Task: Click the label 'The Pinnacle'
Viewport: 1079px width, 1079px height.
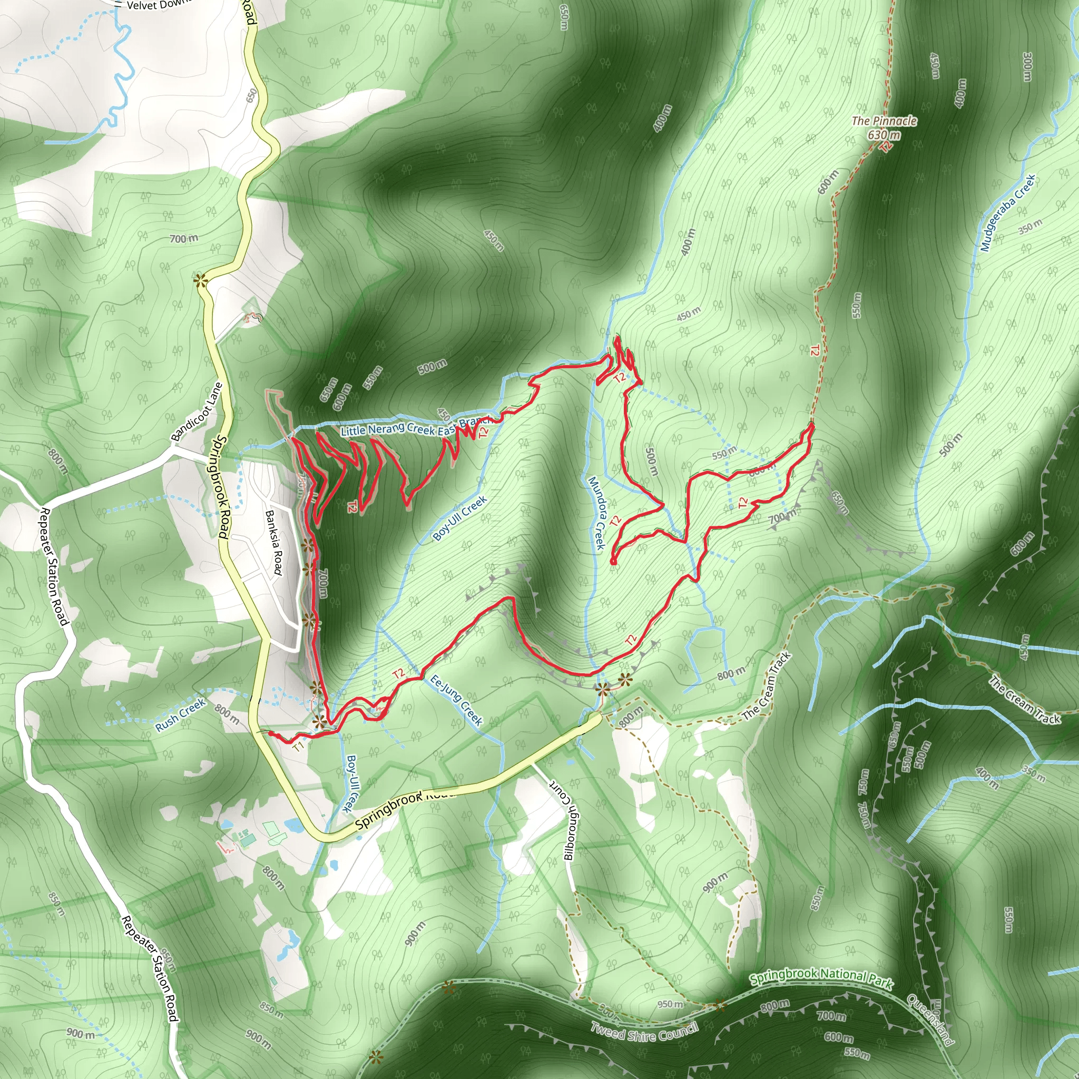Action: click(x=884, y=121)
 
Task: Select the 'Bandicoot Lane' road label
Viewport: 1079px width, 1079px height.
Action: click(x=197, y=411)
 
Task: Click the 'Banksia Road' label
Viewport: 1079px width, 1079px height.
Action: click(x=273, y=542)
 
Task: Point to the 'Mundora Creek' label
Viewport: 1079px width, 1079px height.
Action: click(x=596, y=513)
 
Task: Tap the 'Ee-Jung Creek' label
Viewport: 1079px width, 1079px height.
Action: click(x=456, y=700)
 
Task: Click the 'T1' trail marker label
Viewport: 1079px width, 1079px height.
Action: click(x=298, y=746)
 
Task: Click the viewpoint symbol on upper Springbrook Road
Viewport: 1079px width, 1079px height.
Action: click(x=200, y=280)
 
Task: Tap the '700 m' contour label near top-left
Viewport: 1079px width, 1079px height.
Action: click(x=184, y=239)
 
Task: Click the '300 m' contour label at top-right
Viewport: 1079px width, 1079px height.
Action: click(x=1026, y=67)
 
